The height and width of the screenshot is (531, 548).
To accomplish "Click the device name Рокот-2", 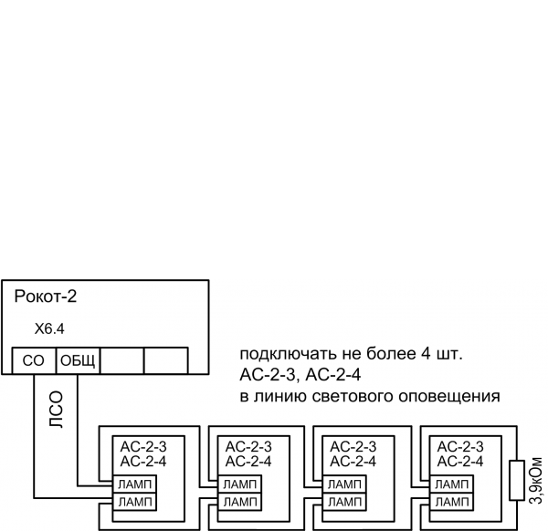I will click(x=46, y=297).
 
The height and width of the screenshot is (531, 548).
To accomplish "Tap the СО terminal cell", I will click(x=34, y=360).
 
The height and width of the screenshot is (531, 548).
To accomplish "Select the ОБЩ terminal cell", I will click(x=79, y=360).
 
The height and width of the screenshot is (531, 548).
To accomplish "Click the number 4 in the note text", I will click(x=430, y=353).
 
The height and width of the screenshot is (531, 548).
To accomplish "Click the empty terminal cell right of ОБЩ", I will click(x=122, y=360).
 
